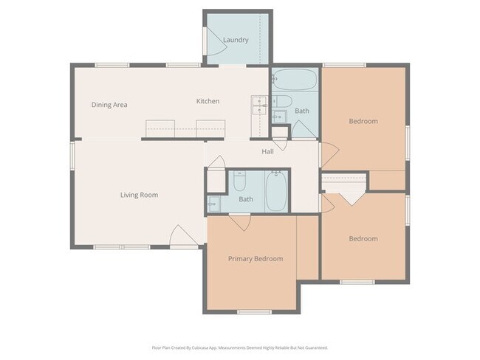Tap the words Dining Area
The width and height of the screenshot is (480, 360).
click(x=109, y=105)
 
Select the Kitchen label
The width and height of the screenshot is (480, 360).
click(x=208, y=101)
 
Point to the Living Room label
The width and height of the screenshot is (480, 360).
click(x=140, y=195)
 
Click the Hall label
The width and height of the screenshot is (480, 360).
click(x=268, y=151)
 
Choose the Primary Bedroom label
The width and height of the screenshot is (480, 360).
click(x=255, y=259)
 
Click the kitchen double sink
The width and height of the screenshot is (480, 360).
click(x=258, y=107)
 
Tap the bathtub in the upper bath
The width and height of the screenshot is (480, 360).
click(x=295, y=79)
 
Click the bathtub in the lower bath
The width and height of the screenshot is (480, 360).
click(x=277, y=191)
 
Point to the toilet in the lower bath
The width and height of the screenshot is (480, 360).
click(x=240, y=181)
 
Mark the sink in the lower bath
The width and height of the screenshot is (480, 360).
click(x=213, y=204)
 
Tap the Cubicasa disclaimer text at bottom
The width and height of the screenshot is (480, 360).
click(x=239, y=347)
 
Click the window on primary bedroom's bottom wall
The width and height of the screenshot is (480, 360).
click(x=254, y=312)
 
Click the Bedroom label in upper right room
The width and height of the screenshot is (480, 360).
click(x=363, y=121)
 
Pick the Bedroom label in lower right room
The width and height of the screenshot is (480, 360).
click(x=363, y=238)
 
